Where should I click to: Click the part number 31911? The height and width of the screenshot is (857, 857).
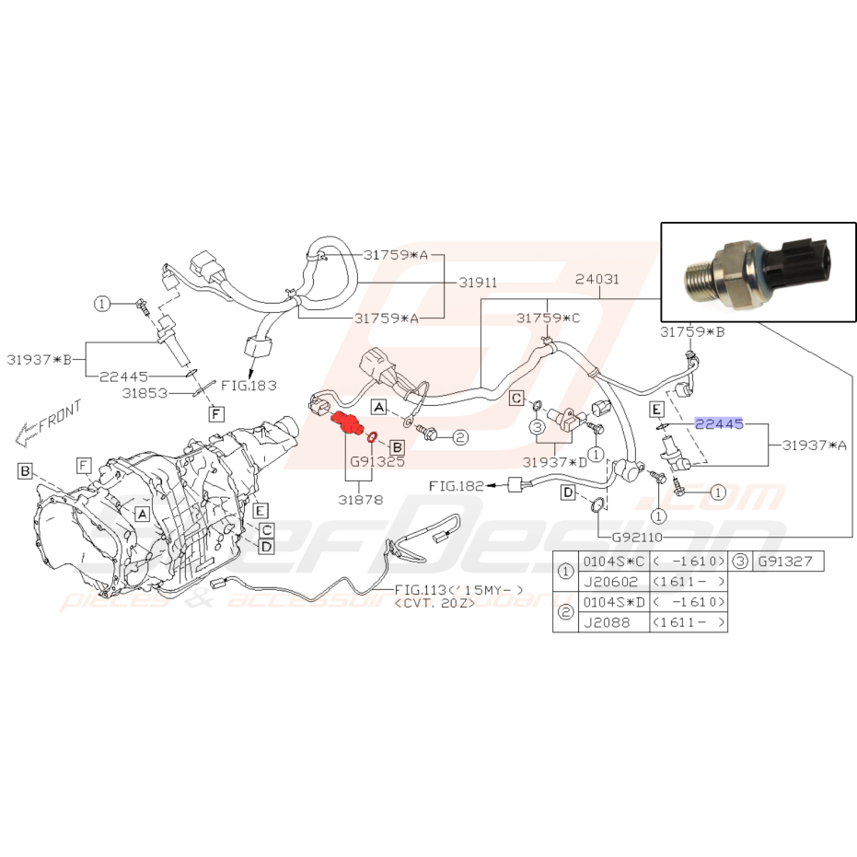click(x=477, y=283)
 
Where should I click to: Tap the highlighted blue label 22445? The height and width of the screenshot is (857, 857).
click(x=720, y=423)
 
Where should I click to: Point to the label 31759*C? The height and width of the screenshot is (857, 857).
click(x=549, y=318)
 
